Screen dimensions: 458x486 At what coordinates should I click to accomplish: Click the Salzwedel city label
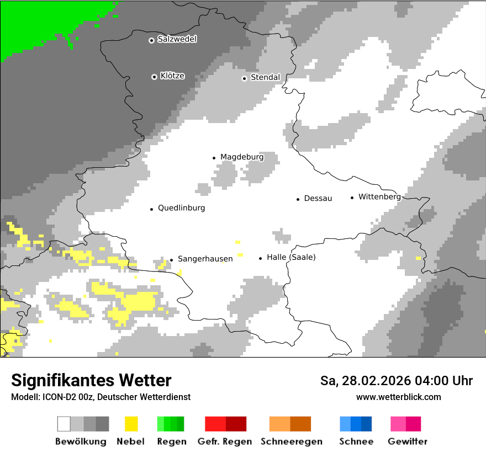click(177, 39)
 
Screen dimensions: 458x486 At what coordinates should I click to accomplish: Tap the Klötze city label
click(172, 76)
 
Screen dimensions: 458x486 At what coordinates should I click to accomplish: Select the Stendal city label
click(265, 77)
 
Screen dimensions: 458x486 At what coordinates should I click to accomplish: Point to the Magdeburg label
click(242, 157)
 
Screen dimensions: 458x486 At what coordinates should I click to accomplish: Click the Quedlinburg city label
click(181, 208)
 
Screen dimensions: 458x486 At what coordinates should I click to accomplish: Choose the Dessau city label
click(318, 199)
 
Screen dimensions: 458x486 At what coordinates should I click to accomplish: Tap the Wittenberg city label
click(379, 196)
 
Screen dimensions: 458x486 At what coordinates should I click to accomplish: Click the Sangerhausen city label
click(205, 259)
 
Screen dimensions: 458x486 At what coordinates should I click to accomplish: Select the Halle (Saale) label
click(291, 257)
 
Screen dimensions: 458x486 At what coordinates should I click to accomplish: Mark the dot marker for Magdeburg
click(214, 158)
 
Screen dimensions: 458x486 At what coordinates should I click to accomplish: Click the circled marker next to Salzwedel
click(151, 40)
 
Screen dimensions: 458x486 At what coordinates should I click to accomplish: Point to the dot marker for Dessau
click(298, 199)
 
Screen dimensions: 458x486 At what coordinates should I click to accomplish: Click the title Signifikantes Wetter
click(91, 380)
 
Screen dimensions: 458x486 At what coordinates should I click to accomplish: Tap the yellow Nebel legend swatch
click(131, 424)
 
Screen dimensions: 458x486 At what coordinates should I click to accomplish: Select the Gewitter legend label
click(408, 441)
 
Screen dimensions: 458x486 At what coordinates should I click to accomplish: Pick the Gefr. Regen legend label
click(225, 441)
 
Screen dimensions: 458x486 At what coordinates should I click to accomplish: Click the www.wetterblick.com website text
click(398, 397)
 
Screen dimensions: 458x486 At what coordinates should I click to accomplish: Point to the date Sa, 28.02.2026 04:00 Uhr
click(397, 381)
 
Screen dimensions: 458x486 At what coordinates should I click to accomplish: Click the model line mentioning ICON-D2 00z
click(101, 397)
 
